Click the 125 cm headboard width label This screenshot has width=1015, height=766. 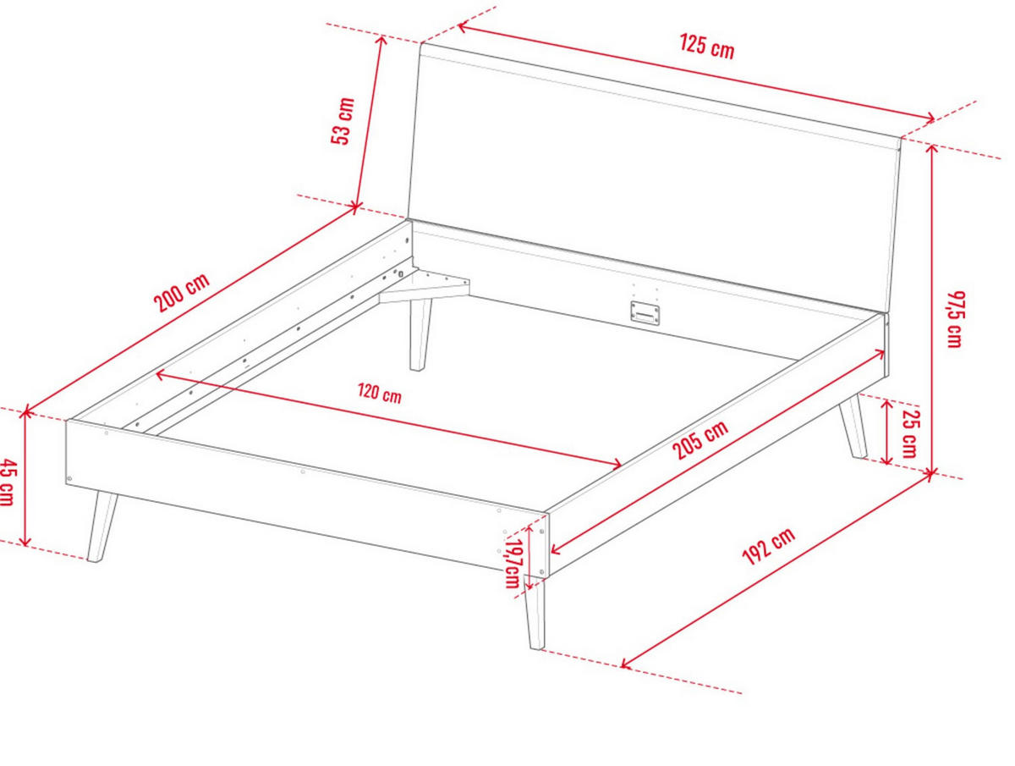coord(706,47)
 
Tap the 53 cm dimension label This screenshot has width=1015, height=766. coord(343,121)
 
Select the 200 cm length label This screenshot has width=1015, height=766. coord(181,292)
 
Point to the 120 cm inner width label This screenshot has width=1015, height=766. coord(380,394)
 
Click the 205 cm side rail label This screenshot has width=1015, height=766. coord(700,439)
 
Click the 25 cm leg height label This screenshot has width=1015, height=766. coord(909,433)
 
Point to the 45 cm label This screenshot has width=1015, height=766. coord(8,482)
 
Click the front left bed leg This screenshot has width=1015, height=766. coord(102,526)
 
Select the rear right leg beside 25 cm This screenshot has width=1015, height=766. coord(853,427)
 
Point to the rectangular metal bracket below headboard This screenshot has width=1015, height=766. coord(645,313)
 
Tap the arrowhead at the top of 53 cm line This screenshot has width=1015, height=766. coord(381,41)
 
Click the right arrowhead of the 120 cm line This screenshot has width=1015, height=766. coord(616,463)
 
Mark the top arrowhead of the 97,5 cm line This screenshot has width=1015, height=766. coord(932,150)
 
